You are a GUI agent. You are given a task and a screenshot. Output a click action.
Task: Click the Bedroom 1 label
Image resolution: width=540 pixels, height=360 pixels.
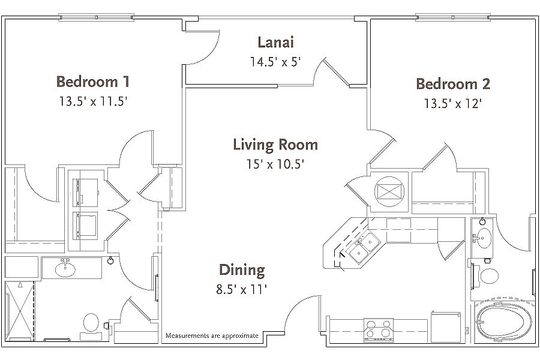pos(93,82)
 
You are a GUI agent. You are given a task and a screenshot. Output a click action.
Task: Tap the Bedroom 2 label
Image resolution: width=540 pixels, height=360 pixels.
pos(453,84)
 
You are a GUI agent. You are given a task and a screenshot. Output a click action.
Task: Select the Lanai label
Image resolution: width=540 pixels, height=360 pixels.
pos(275,42)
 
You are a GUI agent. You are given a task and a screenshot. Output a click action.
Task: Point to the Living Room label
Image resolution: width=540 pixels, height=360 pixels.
pos(275,145)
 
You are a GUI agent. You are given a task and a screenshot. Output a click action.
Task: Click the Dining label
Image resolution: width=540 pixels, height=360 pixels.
pos(242,270)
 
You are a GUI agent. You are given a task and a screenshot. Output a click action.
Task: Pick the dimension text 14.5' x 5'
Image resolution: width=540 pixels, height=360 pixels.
pos(275,62)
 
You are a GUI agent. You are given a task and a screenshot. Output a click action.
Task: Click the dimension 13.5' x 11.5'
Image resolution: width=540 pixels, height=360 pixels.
pos(94,101)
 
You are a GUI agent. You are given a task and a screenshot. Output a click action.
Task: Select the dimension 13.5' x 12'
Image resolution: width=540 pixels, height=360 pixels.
pos(452,103)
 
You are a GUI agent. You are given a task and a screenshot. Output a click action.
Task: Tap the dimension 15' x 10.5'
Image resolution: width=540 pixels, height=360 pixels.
pos(275,164)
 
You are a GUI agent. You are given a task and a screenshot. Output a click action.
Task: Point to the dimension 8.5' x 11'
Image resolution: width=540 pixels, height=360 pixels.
pos(242,289)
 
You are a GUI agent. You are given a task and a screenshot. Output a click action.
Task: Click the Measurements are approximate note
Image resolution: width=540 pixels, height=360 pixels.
pos(212,335)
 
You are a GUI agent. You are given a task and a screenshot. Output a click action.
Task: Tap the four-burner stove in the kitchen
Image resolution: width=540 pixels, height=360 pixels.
pos(379,329)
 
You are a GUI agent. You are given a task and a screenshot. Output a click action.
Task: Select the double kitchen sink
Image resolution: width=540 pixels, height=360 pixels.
pos(364,247)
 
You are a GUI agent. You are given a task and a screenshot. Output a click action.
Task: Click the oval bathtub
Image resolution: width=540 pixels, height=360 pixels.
pos(501,322)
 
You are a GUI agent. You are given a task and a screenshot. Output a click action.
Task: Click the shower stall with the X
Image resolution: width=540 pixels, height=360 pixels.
pos(20,310)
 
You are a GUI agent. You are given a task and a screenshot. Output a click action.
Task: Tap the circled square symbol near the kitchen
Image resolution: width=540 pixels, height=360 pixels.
pos(389,191)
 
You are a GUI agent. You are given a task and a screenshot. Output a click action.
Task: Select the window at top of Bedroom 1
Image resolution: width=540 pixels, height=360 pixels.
pos(96,17)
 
